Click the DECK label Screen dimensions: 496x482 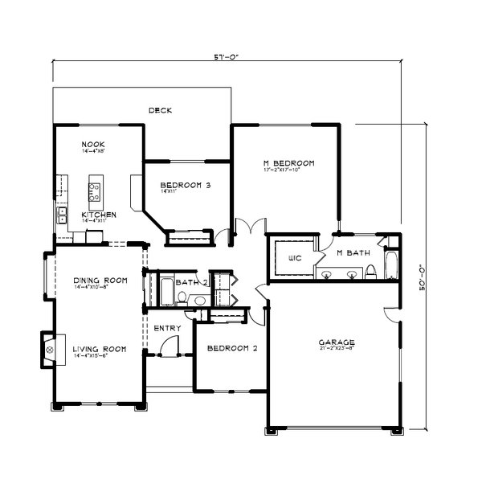(161, 110)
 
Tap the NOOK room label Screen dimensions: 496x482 (92, 146)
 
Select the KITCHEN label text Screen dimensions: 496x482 (100, 215)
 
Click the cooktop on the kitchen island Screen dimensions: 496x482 (94, 191)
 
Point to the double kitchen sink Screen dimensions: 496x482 (61, 215)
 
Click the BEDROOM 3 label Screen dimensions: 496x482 (185, 185)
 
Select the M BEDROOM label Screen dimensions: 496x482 (288, 163)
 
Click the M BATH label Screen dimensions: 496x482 (353, 252)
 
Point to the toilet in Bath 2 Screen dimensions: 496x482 (183, 299)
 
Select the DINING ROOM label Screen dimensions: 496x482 (100, 280)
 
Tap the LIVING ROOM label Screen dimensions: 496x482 (100, 349)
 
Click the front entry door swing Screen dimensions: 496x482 (169, 346)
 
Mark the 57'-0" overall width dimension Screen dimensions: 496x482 (227, 58)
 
